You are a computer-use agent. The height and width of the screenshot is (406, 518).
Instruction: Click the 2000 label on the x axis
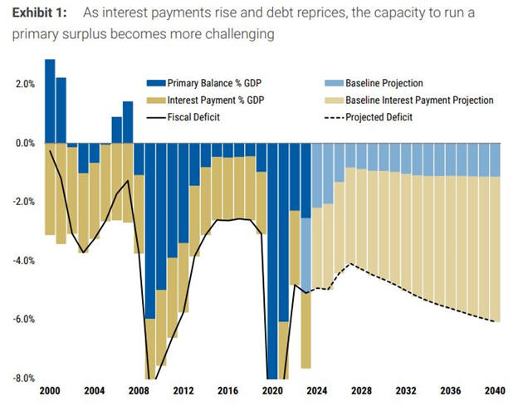pos(50,391)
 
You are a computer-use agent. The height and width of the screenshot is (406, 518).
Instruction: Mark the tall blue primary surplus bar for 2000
pos(50,100)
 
